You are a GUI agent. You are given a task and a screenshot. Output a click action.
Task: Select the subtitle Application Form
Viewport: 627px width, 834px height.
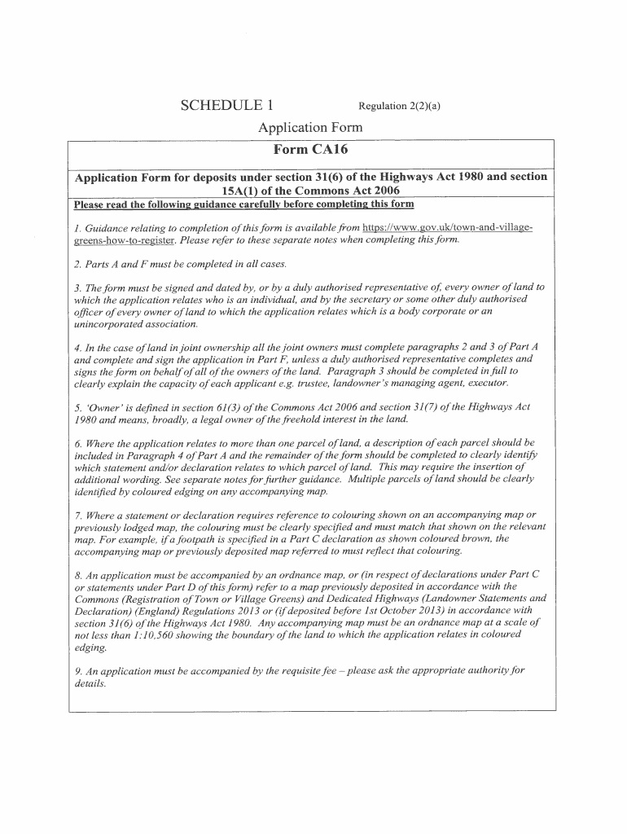click(x=310, y=128)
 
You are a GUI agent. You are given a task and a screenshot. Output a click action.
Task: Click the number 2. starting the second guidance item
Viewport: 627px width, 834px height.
click(x=78, y=265)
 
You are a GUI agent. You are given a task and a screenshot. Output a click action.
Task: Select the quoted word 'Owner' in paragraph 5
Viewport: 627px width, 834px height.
click(x=99, y=406)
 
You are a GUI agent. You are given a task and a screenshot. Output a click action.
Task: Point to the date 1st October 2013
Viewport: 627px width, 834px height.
click(x=412, y=609)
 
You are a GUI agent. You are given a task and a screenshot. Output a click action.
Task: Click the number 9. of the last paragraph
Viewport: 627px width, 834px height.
click(x=78, y=672)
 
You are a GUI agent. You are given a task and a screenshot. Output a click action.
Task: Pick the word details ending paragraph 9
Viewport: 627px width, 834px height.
click(x=90, y=683)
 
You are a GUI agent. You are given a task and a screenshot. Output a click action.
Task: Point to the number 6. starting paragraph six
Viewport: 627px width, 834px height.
click(x=78, y=443)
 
